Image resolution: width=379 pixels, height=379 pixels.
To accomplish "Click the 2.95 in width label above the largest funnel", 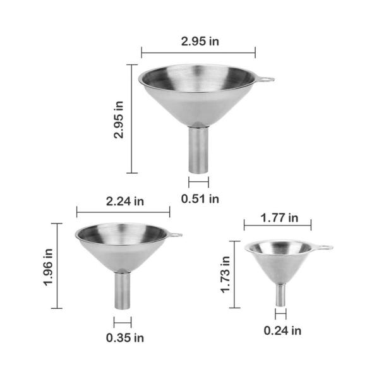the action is point(200,41).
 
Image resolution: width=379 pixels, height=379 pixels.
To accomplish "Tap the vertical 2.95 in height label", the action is point(119,119).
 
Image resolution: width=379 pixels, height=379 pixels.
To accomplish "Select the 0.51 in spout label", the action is point(200,199).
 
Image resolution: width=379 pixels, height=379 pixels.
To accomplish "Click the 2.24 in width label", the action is point(125,202).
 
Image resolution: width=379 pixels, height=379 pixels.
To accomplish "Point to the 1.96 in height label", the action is point(48,268).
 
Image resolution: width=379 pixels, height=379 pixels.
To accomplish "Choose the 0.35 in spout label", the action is point(125,338).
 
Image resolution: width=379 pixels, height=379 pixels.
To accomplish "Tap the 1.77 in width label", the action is point(279,218).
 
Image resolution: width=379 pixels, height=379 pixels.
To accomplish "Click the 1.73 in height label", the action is point(225,275).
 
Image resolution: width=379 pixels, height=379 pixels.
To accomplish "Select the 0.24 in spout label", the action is point(282,330).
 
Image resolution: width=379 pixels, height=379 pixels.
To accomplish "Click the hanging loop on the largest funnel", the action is point(265,79).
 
